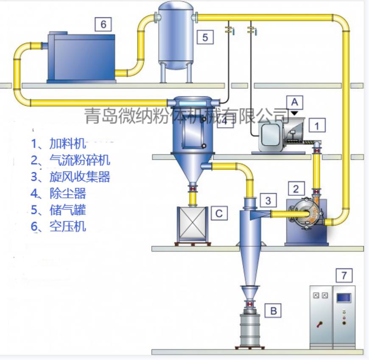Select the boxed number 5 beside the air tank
[205, 37]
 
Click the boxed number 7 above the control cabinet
[344, 276]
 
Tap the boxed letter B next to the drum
[273, 311]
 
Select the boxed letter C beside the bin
[219, 213]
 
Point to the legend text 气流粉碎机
[80, 160]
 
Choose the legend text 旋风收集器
[80, 176]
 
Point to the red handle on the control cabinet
[319, 325]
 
